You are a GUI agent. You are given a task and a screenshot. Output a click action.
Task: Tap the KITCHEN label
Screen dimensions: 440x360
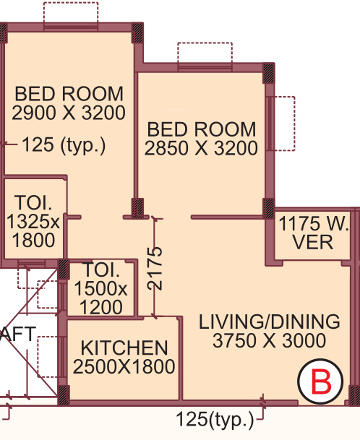pos(124,348)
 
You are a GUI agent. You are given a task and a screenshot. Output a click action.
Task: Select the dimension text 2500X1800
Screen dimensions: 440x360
pos(124,367)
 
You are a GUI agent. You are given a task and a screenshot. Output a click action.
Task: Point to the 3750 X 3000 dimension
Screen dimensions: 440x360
pos(270,341)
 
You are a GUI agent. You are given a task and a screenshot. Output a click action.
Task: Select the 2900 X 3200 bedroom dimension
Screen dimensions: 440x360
pos(69,113)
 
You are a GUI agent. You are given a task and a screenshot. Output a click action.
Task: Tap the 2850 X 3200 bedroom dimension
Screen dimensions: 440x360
pos(201,149)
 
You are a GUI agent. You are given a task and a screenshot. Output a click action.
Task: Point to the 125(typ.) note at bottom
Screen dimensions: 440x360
pos(215,419)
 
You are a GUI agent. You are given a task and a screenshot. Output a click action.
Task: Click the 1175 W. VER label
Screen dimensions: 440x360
pos(314,231)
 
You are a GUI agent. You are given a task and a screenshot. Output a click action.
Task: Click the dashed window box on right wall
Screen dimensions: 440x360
pos(284,124)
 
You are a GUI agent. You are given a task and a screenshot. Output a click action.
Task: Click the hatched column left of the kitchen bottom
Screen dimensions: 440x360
pos(63,394)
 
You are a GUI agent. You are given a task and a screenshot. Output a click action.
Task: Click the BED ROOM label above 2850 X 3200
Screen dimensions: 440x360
pos(201,130)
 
